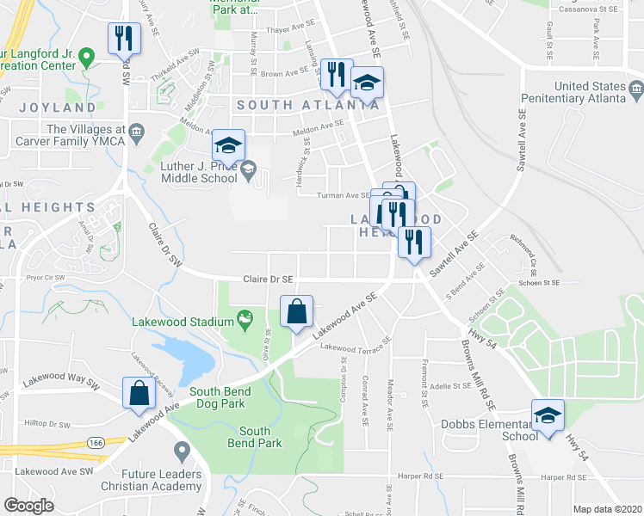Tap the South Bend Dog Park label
[214, 396]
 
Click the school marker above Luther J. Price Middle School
[228, 145]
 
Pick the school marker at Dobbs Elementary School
[548, 416]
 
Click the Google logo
[28, 505]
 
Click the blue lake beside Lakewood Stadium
[186, 358]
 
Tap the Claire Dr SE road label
[268, 279]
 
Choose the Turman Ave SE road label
[345, 195]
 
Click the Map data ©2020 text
[609, 509]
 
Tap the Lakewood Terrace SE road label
[356, 344]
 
